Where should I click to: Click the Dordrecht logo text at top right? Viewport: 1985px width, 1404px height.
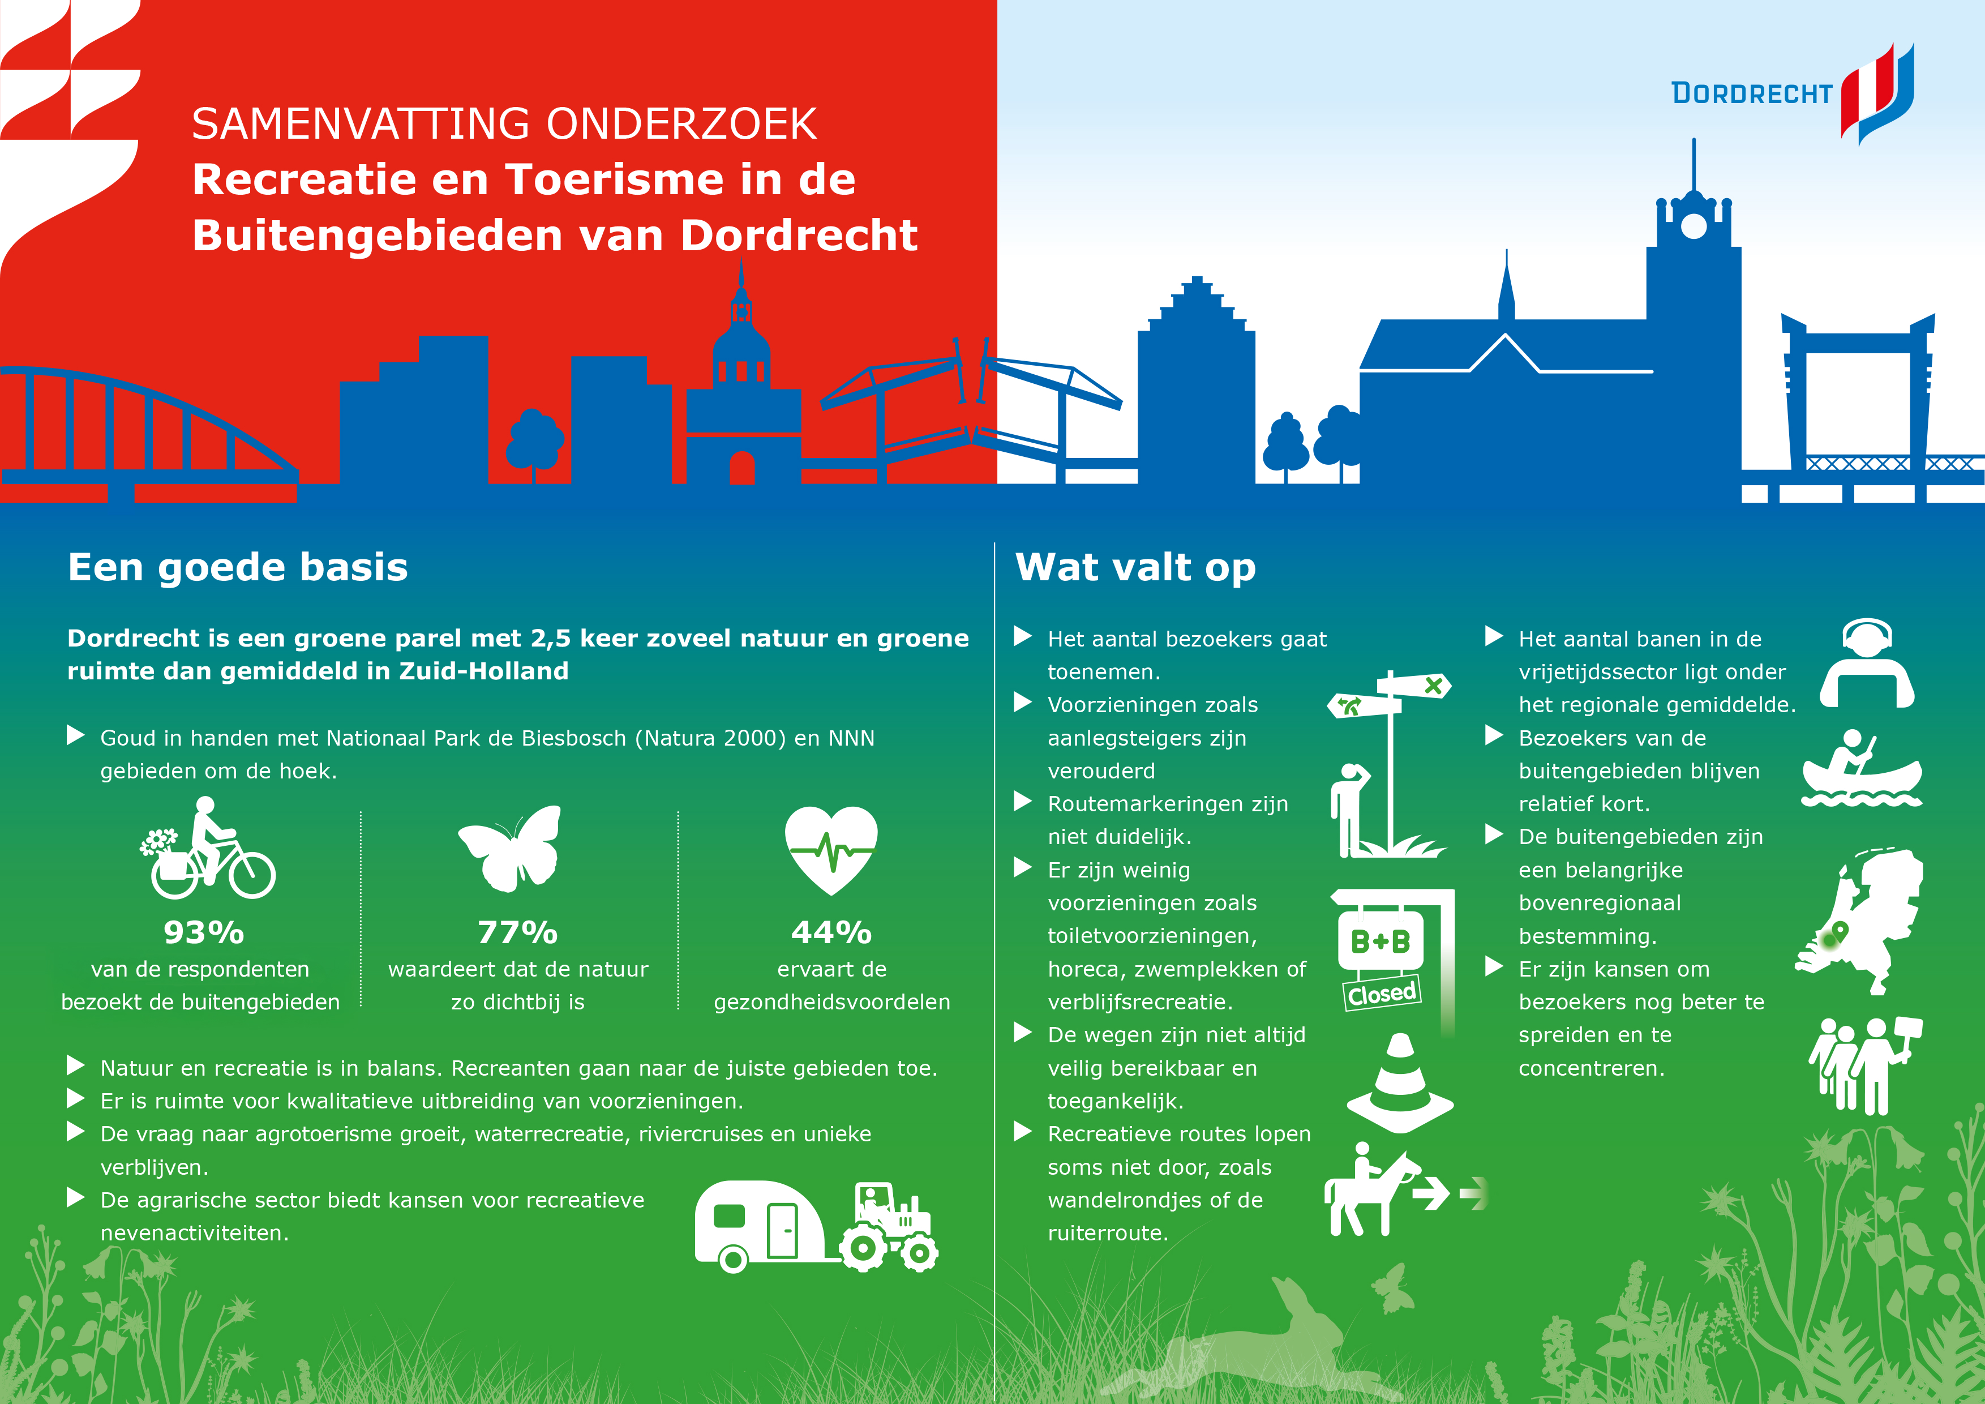1752,93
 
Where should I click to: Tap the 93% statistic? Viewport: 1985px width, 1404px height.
204,932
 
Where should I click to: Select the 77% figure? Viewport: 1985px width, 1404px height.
518,932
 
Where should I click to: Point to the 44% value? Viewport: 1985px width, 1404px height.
831,932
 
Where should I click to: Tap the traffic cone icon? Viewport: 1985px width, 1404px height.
1400,1082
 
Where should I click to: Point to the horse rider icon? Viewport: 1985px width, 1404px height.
1371,1189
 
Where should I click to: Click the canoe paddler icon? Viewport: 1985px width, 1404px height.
1862,769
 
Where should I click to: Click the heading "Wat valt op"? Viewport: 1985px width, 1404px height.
1135,567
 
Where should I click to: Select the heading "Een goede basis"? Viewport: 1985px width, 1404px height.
238,567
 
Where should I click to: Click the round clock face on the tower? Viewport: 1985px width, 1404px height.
1693,226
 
